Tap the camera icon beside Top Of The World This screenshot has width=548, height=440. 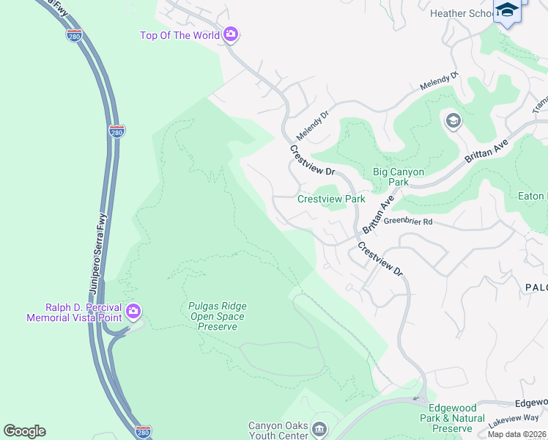[x=232, y=34]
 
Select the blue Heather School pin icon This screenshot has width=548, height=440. [x=506, y=11]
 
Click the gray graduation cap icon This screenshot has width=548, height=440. [x=453, y=120]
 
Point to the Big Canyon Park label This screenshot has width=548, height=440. [x=399, y=177]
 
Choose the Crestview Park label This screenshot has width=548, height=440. [x=331, y=199]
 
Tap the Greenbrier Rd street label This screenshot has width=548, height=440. [x=408, y=221]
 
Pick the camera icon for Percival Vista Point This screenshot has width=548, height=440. [x=133, y=312]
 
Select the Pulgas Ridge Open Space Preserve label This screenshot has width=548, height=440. [x=217, y=316]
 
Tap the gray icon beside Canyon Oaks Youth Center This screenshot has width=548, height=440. [x=319, y=428]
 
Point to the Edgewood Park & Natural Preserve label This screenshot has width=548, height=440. [x=458, y=423]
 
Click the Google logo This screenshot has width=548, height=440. [x=24, y=431]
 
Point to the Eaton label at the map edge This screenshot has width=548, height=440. [x=533, y=196]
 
